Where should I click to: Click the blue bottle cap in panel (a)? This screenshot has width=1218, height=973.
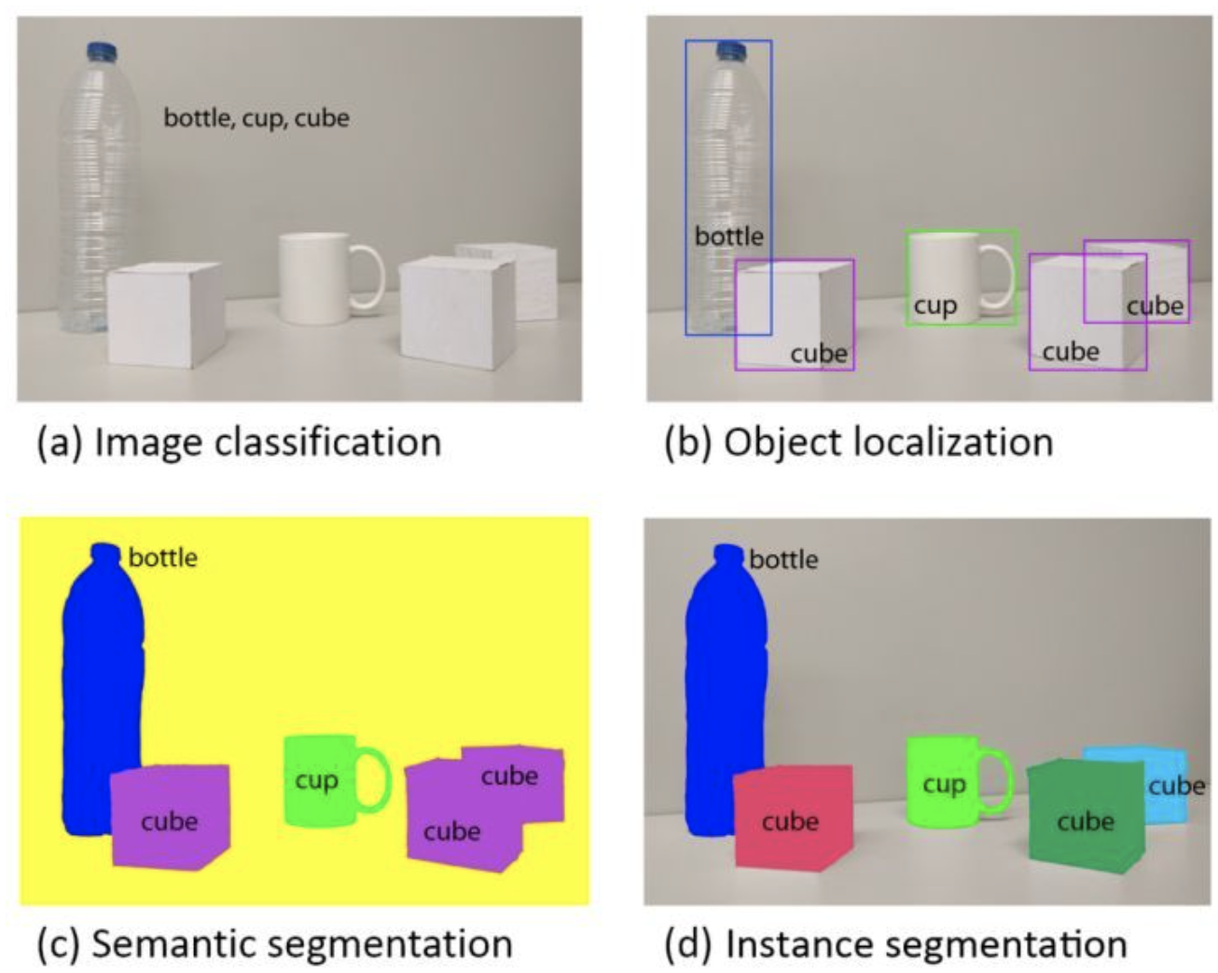coord(101,52)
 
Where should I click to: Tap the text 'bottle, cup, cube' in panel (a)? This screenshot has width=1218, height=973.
coord(256,118)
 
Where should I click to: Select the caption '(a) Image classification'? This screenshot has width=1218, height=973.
coord(239,442)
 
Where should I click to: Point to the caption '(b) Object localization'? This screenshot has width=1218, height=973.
coord(859,442)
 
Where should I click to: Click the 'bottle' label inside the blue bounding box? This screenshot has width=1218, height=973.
coord(729,237)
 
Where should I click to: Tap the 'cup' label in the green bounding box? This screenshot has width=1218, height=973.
coord(934,306)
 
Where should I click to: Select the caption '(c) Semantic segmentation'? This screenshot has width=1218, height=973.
coord(274,943)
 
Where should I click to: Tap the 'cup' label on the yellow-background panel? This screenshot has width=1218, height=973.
coord(316,780)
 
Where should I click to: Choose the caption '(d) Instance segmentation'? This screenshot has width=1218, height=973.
coord(896,943)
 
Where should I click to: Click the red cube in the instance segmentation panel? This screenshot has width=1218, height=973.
coord(792,818)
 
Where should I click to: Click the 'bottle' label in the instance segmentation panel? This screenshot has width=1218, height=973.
coord(783,559)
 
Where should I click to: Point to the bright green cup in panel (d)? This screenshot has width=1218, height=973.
coord(944,781)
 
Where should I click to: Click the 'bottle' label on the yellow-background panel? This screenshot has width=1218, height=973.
coord(163,557)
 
